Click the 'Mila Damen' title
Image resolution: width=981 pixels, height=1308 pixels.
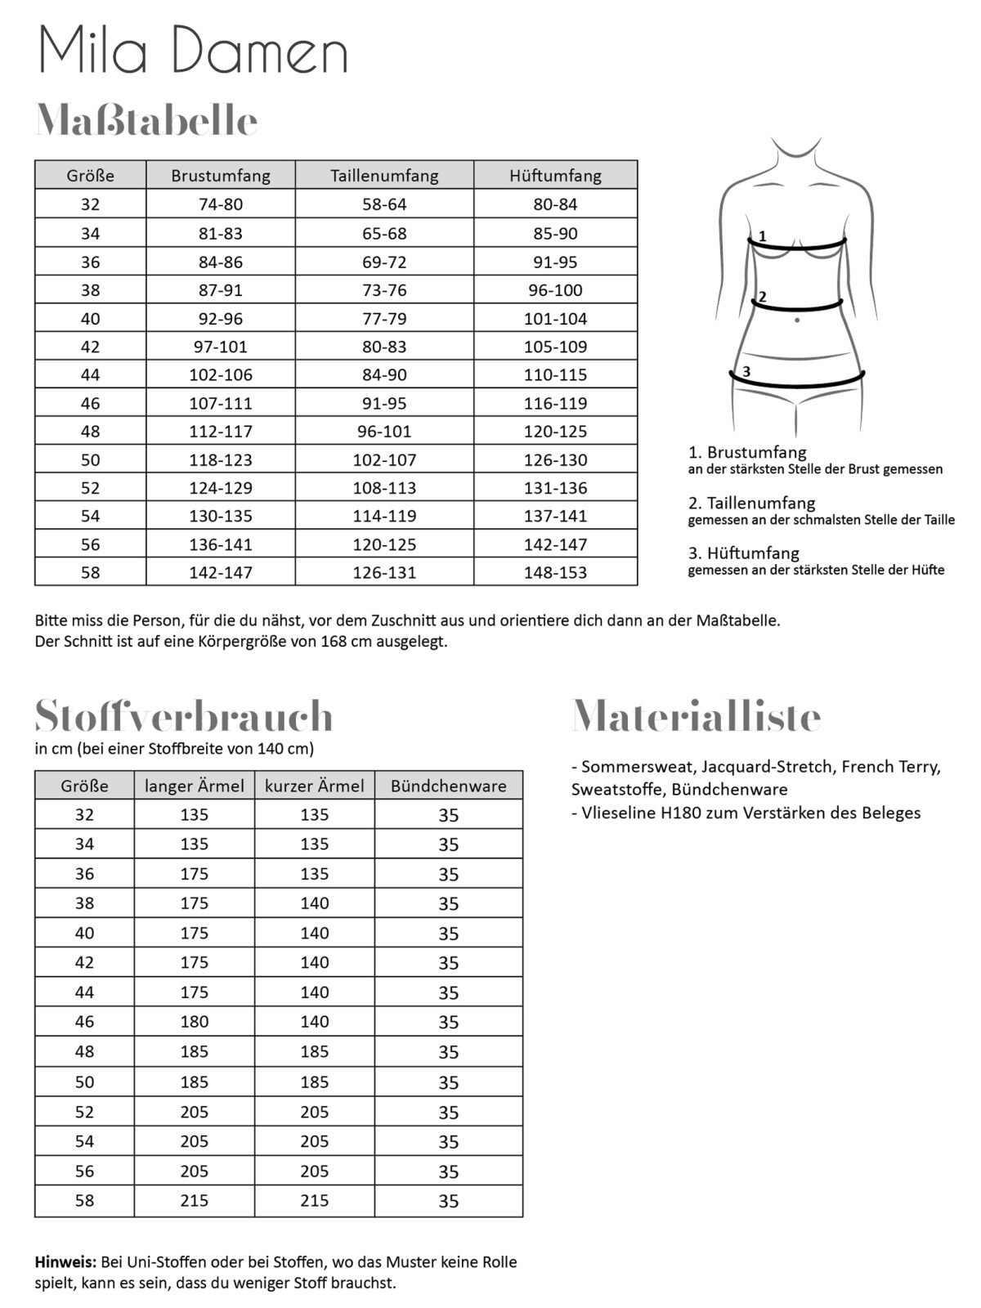click(194, 51)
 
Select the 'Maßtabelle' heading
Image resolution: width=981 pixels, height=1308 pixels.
click(147, 121)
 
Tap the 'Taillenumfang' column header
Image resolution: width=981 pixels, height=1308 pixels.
click(384, 175)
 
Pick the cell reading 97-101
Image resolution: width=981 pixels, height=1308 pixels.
click(221, 347)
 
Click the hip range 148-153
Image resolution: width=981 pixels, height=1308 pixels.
click(555, 572)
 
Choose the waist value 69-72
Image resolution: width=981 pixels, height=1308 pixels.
click(384, 262)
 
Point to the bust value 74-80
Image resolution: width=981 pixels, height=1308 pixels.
click(221, 204)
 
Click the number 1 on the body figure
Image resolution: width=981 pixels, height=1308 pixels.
click(762, 236)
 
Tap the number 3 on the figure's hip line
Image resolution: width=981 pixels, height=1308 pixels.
click(746, 372)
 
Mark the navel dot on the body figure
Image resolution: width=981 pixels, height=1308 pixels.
click(797, 320)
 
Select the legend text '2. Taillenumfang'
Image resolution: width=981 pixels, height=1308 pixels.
click(751, 503)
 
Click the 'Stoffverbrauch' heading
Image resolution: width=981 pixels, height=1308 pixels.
click(184, 716)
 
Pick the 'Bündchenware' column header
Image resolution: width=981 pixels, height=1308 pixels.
click(448, 786)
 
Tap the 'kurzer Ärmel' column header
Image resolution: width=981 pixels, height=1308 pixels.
click(315, 786)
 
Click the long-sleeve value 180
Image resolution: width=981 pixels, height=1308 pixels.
click(195, 1022)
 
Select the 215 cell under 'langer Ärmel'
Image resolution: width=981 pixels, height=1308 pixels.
click(195, 1201)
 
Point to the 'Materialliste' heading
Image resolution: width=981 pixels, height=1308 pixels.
click(697, 716)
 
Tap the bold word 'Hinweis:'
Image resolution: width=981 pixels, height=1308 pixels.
click(65, 1262)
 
